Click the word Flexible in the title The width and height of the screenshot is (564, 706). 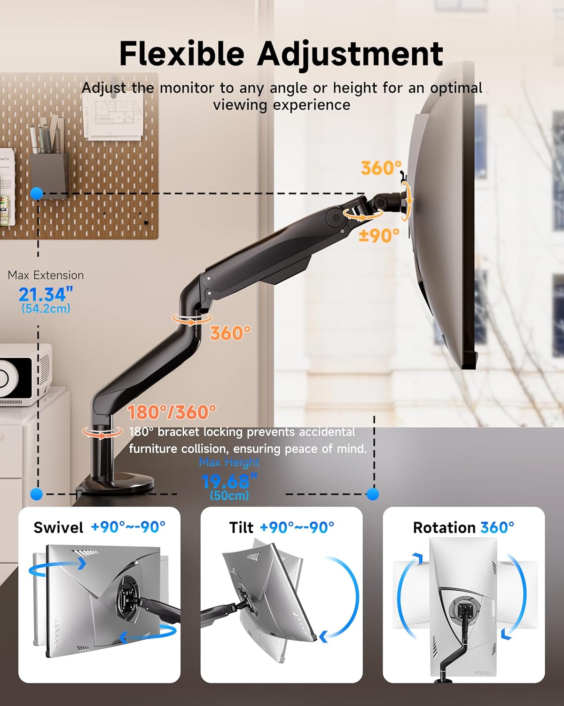tap(181, 53)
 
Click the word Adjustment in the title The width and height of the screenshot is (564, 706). tap(350, 54)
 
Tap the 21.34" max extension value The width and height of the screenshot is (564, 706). tap(46, 295)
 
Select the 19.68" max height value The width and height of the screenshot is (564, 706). tap(229, 481)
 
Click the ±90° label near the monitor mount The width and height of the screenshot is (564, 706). tap(379, 235)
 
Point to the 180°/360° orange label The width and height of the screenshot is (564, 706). tap(172, 412)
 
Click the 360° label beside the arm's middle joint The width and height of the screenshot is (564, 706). tap(230, 333)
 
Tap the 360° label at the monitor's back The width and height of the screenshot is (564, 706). tap(381, 168)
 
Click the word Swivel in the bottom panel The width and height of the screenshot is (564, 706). tap(58, 527)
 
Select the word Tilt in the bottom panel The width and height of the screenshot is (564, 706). tap(241, 528)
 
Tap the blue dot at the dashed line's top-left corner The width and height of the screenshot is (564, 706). tap(37, 193)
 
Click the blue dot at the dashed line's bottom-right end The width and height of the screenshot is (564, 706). tap(373, 494)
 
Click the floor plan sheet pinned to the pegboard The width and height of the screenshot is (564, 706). tap(113, 116)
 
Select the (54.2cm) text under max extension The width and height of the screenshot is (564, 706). tap(46, 309)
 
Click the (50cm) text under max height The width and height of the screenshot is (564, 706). tap(229, 495)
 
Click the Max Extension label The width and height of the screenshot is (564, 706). tap(46, 275)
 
